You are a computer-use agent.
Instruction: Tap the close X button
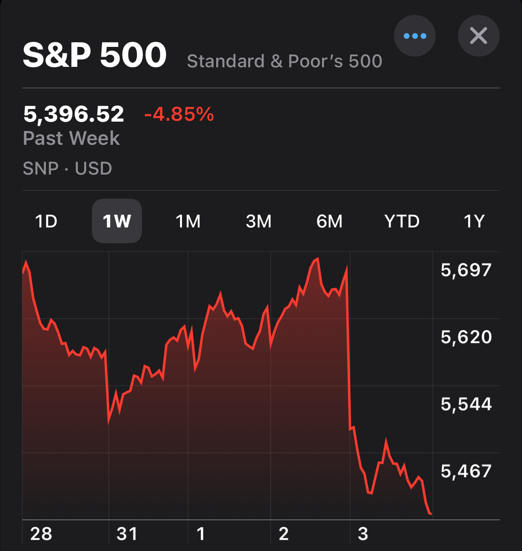(478, 36)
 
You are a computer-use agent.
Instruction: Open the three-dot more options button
(414, 36)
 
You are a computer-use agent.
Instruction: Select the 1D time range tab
(46, 221)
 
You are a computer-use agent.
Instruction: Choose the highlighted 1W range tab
(117, 221)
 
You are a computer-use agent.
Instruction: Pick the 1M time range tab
(188, 221)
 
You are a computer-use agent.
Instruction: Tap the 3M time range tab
(258, 221)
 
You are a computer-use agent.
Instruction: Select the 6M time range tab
(329, 221)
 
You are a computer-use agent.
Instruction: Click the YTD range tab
(402, 221)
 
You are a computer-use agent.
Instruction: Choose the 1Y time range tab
(474, 221)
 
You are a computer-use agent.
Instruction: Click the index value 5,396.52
(74, 114)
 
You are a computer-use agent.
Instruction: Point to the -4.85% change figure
(179, 114)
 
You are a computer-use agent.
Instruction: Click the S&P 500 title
(95, 55)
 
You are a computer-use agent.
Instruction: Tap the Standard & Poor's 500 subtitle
(284, 61)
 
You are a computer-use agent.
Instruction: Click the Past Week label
(71, 138)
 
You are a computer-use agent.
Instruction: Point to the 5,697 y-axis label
(466, 270)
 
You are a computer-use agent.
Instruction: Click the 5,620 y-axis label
(466, 337)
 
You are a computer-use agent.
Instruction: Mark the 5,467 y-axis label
(466, 472)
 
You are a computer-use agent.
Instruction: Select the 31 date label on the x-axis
(127, 534)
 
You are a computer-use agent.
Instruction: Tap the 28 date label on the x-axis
(41, 534)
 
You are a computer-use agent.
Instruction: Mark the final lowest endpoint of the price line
(431, 514)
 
